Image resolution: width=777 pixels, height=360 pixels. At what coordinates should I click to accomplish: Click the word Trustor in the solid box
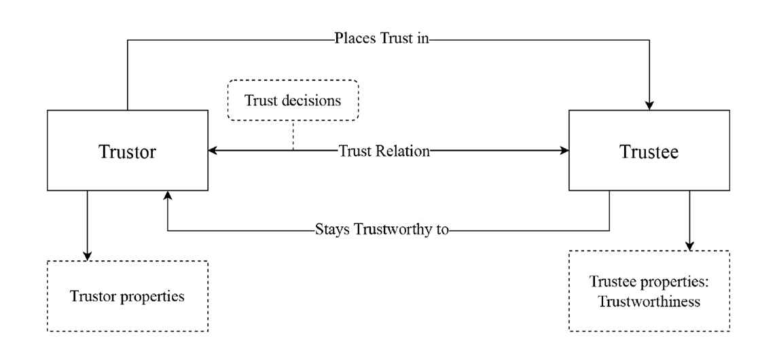128,151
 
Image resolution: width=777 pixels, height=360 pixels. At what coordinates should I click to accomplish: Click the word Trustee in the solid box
649,151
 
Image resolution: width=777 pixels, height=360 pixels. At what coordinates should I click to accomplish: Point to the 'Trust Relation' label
384,151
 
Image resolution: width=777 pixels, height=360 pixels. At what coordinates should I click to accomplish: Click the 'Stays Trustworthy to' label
382,230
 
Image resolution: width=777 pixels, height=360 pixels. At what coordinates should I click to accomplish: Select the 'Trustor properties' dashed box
127,296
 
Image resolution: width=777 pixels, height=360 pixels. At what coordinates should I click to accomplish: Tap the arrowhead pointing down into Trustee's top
649,105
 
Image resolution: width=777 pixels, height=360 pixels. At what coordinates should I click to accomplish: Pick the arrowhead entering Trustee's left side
564,151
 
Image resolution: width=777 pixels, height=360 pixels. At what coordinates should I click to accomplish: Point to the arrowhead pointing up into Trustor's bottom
168,196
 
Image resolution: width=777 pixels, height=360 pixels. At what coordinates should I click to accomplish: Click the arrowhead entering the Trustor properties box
87,255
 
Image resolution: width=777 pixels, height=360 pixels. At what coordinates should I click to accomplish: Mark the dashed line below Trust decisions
293,135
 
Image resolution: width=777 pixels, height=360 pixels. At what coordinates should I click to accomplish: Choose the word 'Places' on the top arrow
352,39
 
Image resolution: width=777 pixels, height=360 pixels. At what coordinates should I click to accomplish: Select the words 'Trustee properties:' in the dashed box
649,283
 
